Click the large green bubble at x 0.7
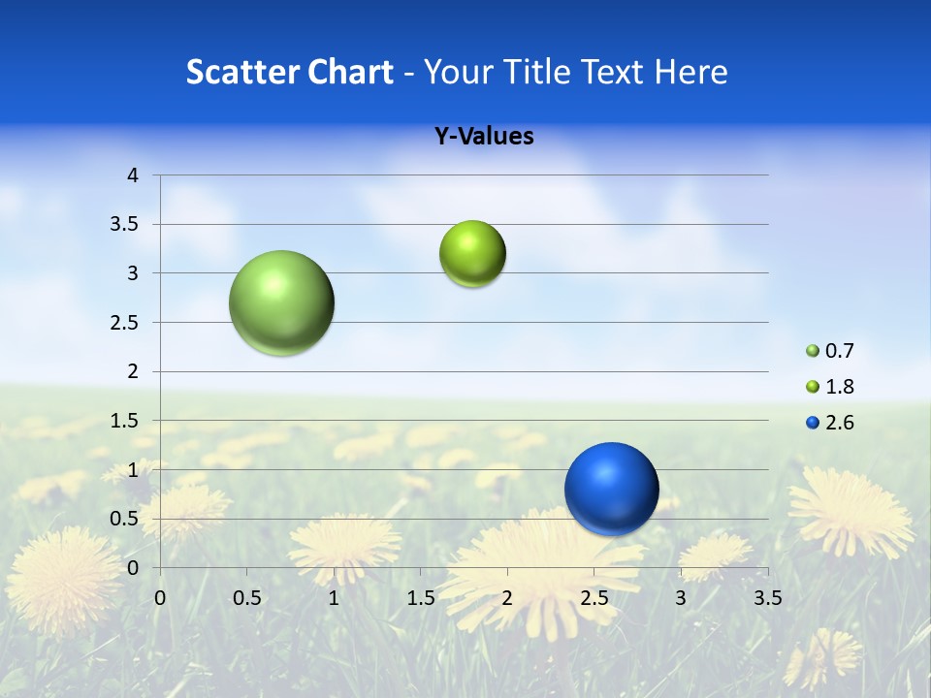tap(282, 302)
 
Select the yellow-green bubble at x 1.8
tap(472, 254)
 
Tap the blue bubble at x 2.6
tap(611, 489)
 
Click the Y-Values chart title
tap(484, 137)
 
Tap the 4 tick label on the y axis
tap(133, 175)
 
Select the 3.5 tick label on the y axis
tap(126, 225)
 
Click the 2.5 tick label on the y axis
tap(126, 323)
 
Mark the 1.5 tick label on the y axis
tap(126, 421)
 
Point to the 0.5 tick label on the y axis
tap(126, 519)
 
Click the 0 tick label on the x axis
tap(160, 598)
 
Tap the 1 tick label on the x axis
tap(334, 598)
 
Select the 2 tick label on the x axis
tap(507, 598)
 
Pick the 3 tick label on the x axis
tap(681, 598)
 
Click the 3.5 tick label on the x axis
tap(767, 598)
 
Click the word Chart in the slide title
tap(350, 72)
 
